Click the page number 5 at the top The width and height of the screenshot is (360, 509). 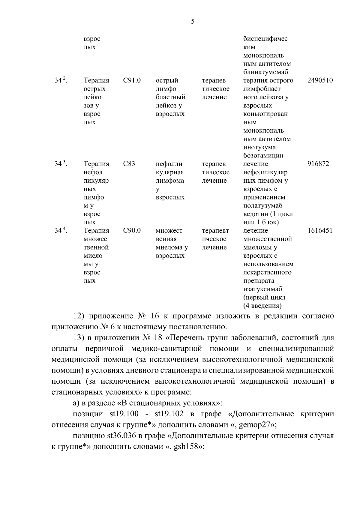click(193, 21)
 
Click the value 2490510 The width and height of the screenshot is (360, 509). click(320, 80)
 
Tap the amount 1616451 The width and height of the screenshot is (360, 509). click(320, 231)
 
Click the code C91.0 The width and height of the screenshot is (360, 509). click(132, 80)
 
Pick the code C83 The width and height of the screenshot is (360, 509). click(129, 164)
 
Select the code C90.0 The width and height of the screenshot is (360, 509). click(132, 231)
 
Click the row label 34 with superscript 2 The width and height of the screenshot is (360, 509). click(61, 80)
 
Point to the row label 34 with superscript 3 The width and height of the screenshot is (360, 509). click(61, 164)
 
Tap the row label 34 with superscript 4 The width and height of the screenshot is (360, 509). click(61, 231)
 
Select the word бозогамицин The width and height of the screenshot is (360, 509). click(263, 155)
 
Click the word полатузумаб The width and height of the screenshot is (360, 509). click(263, 206)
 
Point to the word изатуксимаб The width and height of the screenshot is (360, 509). click(263, 289)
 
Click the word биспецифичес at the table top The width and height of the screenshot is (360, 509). click(265, 39)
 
